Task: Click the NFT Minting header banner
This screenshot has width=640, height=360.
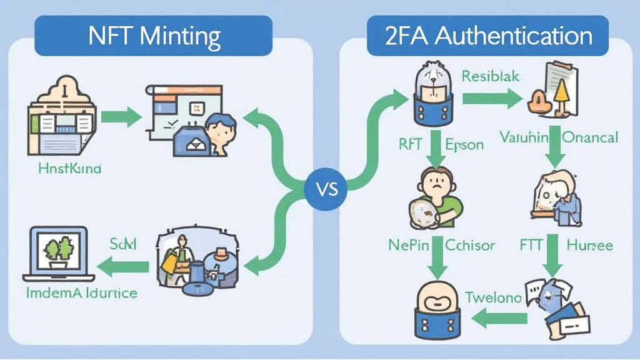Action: [153, 36]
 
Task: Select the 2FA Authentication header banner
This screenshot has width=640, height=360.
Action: [488, 36]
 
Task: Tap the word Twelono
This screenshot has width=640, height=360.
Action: [493, 298]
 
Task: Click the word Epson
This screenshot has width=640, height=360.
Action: [464, 144]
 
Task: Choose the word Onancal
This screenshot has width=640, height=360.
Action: [590, 137]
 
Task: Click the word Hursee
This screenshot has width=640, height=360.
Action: [589, 245]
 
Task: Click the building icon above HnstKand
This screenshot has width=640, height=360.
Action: [61, 119]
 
